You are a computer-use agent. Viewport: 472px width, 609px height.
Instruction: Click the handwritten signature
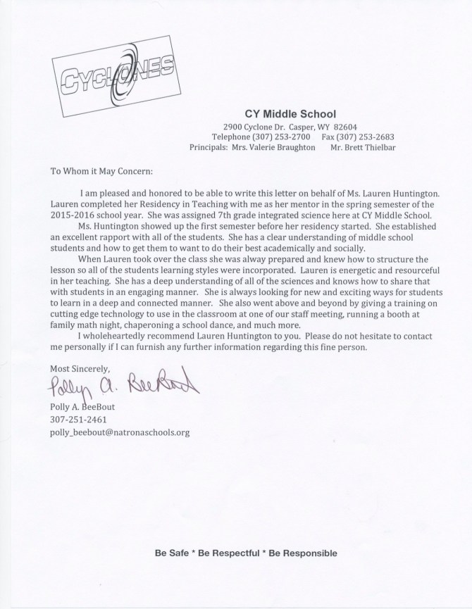pyautogui.click(x=124, y=386)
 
